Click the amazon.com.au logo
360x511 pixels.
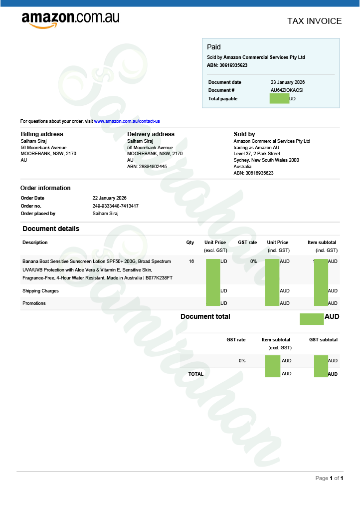click(x=70, y=19)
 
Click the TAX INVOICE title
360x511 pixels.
click(x=314, y=21)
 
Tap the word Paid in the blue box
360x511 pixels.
click(x=213, y=47)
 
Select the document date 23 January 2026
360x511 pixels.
click(x=288, y=82)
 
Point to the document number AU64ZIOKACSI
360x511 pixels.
click(x=287, y=90)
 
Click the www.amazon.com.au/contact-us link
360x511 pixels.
click(x=127, y=121)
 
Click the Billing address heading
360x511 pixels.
click(x=42, y=134)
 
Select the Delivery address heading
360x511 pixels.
click(x=151, y=134)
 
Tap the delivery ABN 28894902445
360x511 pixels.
click(x=147, y=167)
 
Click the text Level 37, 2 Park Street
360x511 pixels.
click(x=257, y=154)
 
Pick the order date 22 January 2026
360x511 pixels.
click(x=110, y=198)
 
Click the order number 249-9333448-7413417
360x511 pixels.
click(x=116, y=206)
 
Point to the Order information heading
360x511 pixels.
click(x=45, y=188)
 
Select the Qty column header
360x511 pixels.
click(x=190, y=243)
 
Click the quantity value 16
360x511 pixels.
click(x=191, y=261)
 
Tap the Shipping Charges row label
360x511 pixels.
click(x=40, y=291)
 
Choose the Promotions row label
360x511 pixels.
click(x=34, y=303)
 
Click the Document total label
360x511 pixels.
click(x=205, y=317)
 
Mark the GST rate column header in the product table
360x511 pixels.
click(x=247, y=243)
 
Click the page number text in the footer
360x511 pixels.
click(x=329, y=478)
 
